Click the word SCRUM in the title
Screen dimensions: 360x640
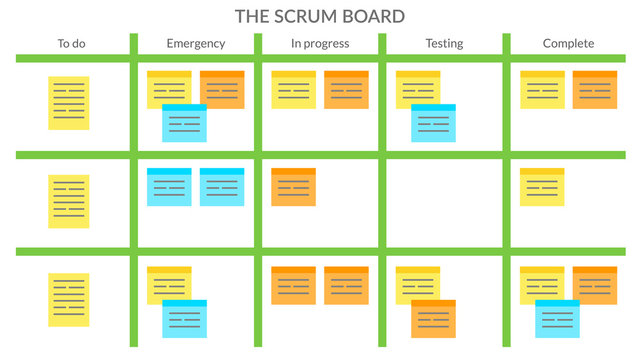point(321,16)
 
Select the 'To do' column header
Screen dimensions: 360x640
point(70,43)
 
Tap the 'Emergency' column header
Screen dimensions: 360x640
point(196,43)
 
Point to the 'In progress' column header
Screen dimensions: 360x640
point(320,43)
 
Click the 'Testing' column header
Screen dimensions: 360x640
point(444,43)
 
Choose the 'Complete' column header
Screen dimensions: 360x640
point(568,43)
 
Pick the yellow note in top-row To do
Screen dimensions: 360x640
point(69,102)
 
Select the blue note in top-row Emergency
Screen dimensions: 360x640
point(185,124)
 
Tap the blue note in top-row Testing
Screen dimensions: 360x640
point(433,124)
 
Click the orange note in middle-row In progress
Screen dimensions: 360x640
point(293,187)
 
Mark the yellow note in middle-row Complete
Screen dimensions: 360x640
point(542,187)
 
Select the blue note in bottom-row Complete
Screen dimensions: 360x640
point(557,319)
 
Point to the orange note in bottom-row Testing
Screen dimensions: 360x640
point(433,320)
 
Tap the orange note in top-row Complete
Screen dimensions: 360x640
point(595,89)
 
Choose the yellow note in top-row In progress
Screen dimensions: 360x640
point(293,89)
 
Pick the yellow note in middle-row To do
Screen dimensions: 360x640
point(69,201)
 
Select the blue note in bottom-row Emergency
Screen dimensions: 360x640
point(185,319)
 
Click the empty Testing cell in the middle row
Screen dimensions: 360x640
point(444,201)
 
